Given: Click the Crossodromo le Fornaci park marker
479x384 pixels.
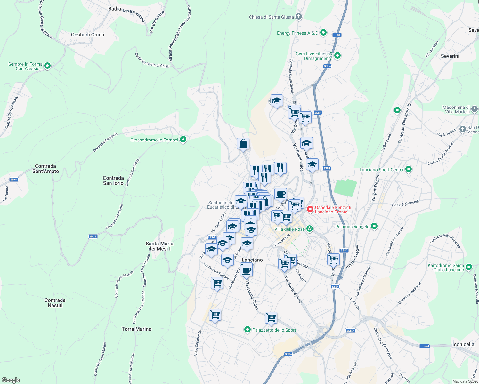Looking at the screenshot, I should pos(183,140).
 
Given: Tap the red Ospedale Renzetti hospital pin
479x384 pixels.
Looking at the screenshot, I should pos(310,210).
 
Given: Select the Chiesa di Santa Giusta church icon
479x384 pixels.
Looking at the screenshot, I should pos(299,17).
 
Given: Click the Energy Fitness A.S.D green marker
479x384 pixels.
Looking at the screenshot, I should pos(323,33).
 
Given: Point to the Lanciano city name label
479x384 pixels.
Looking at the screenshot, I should pos(252,260).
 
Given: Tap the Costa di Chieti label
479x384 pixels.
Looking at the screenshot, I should pos(88,35).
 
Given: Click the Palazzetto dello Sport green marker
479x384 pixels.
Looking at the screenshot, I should pos(247,329).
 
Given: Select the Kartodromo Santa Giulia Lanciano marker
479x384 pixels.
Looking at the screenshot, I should pos(469,267).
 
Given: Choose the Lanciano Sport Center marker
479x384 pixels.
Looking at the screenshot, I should pos(408,169).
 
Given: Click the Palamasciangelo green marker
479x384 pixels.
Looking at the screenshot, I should pos(374,226).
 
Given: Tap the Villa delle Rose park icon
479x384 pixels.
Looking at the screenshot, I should pos(309,229).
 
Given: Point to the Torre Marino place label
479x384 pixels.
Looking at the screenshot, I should pos(137,329).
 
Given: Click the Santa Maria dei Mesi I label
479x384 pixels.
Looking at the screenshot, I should pos(159,246).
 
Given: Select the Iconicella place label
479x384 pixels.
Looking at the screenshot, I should pos(463,344).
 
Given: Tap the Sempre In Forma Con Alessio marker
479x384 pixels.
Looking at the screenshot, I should pos(47,66).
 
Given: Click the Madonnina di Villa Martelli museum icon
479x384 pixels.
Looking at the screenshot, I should pos(475,109).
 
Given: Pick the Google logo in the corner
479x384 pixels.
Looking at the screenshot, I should pos(11,380).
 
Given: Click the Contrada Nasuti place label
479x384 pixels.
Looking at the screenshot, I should pos(55,303).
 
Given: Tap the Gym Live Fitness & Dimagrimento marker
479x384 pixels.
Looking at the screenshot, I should pos(337,56).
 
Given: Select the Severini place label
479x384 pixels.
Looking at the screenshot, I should pos(450,56).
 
